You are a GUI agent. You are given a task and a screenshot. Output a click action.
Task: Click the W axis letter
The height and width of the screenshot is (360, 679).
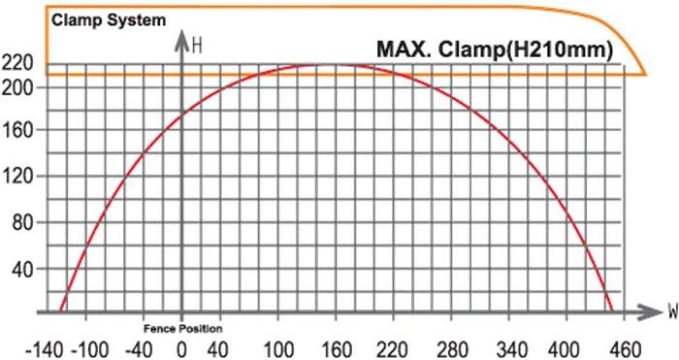click(x=671, y=312)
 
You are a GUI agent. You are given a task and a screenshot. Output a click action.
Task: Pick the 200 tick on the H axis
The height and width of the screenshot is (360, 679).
click(x=20, y=87)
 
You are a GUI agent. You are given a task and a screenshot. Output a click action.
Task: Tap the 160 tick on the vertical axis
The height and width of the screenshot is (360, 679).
click(x=20, y=131)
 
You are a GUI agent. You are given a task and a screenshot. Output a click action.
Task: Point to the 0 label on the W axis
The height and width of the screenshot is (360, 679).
click(x=182, y=348)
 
